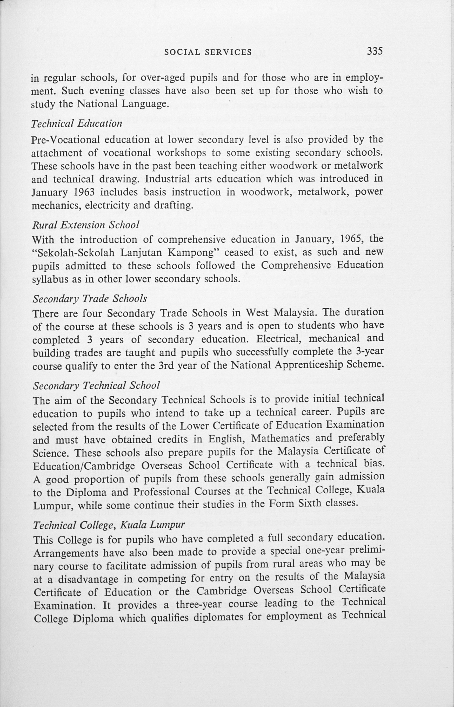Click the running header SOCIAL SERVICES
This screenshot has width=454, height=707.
coord(208,52)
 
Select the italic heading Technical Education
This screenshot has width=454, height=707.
coord(77,123)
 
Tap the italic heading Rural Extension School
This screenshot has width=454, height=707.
coord(85,225)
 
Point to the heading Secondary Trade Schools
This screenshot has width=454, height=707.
coord(90,299)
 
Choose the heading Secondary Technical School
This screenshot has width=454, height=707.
coord(96,385)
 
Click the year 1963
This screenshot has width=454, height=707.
coord(83,192)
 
